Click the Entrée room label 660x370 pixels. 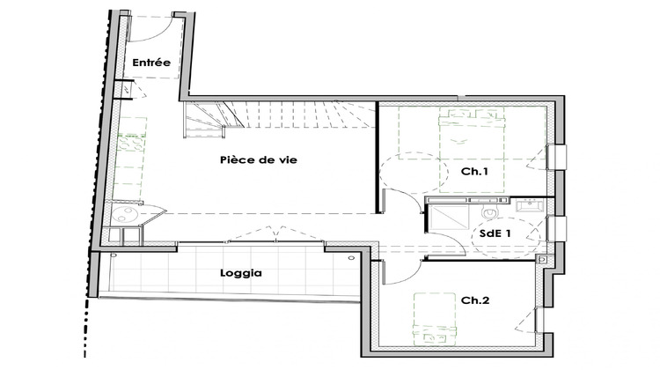coord(150,63)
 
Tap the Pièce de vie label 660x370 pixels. coord(258,160)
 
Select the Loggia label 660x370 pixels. coord(240,273)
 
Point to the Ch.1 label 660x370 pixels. coord(475,171)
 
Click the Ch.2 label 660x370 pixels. coord(475,300)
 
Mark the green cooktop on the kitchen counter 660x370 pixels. coord(130,144)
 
